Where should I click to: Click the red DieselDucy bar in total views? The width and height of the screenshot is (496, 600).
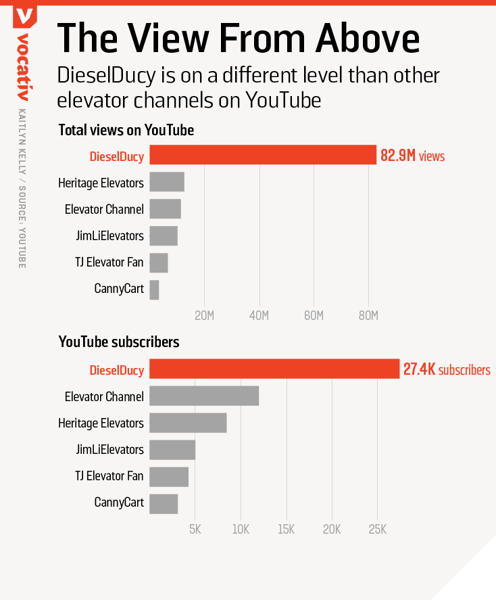click(262, 155)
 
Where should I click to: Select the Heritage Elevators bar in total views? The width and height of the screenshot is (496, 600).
click(166, 182)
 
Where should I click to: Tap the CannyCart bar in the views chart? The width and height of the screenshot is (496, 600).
click(154, 290)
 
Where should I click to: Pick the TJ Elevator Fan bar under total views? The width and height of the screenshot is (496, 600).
click(158, 262)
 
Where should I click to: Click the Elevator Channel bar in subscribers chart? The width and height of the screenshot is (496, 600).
click(203, 396)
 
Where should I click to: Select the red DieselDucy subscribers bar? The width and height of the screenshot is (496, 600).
click(274, 369)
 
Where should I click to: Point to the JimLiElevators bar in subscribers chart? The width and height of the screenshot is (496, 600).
click(172, 450)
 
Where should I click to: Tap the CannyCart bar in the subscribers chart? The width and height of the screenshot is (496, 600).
click(163, 504)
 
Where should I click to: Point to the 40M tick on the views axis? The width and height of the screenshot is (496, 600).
click(259, 316)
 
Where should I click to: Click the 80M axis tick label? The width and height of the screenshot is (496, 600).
click(368, 316)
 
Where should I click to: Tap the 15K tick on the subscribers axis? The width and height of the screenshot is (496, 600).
click(286, 530)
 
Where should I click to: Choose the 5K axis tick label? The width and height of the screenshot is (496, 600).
click(195, 530)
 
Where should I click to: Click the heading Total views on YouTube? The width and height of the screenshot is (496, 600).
click(126, 130)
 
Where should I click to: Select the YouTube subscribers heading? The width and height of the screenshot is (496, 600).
click(119, 342)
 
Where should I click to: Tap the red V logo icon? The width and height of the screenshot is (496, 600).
click(25, 15)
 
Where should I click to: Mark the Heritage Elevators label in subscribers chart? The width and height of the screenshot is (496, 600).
click(101, 423)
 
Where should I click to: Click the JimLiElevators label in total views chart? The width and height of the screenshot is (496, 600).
click(110, 235)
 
